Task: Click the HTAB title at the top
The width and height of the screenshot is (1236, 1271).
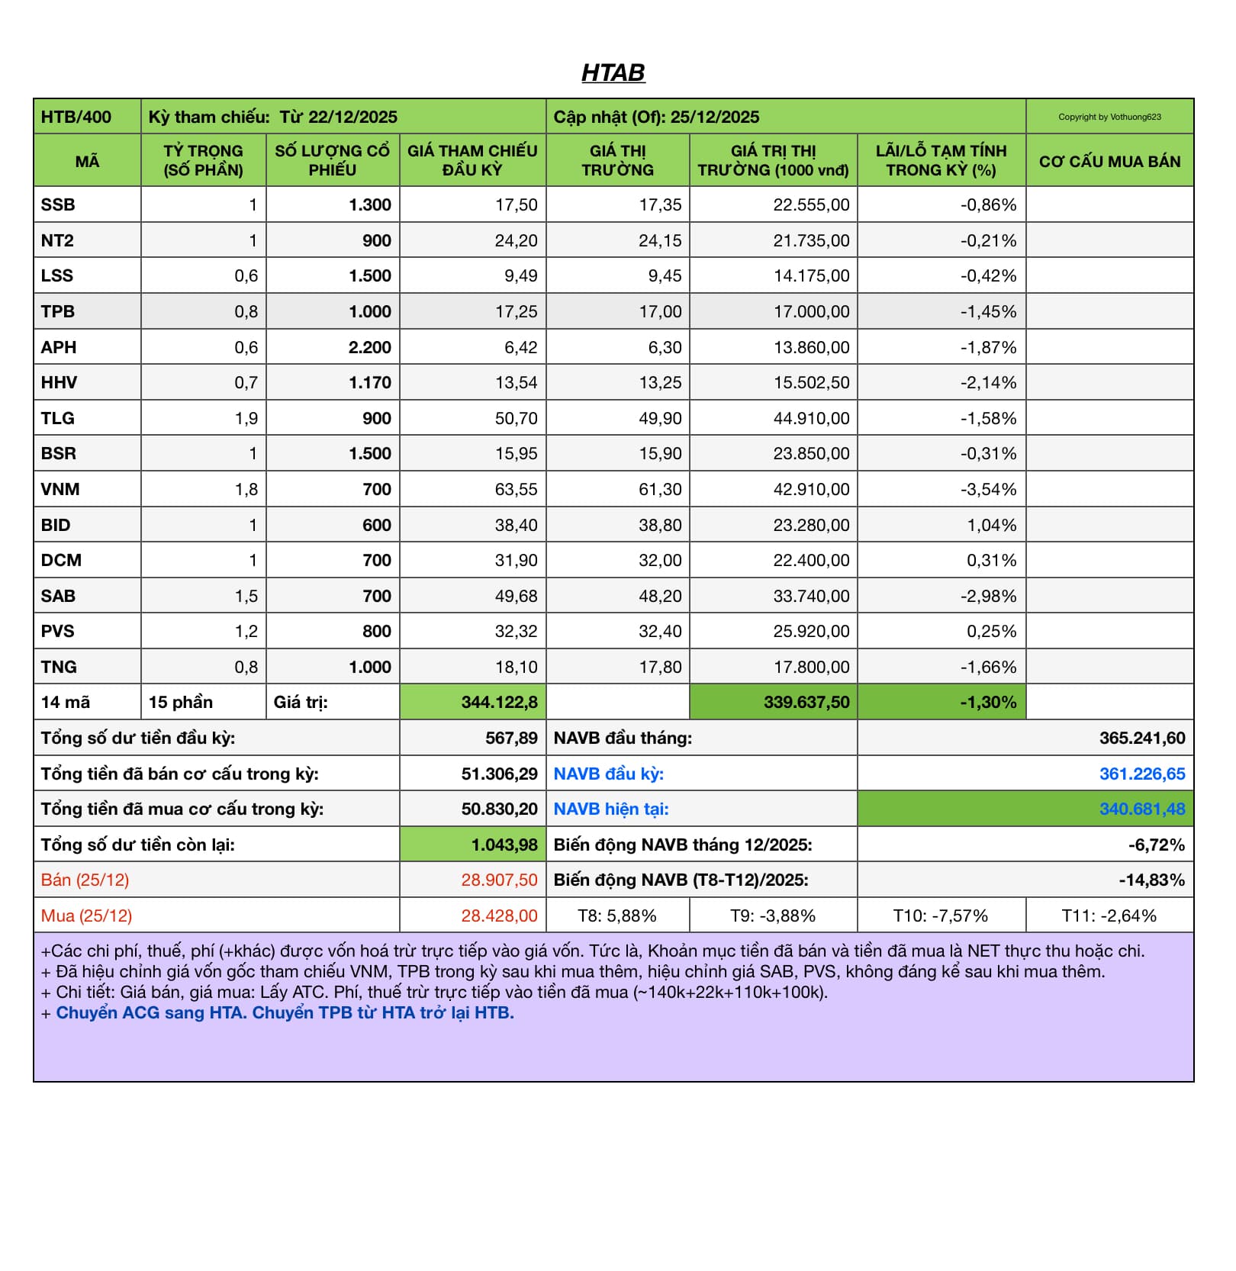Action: (613, 72)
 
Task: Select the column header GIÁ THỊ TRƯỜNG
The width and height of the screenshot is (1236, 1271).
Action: (617, 160)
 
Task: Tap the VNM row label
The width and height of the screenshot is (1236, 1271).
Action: (60, 489)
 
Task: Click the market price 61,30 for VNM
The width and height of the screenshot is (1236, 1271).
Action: (660, 489)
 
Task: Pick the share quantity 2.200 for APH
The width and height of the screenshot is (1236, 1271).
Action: (369, 347)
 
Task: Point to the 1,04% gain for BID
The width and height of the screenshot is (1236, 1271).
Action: (991, 525)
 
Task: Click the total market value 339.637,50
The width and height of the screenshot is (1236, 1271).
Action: (806, 702)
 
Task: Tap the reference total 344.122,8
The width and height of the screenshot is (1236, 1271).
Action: (499, 702)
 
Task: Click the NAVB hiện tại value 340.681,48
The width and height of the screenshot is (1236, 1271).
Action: (1141, 809)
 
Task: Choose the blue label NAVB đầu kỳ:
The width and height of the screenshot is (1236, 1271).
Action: (608, 774)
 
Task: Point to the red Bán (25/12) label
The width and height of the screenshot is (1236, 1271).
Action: (85, 880)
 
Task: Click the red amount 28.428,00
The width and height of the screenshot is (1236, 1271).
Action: (499, 915)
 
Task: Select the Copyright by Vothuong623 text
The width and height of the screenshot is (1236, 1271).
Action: (1109, 117)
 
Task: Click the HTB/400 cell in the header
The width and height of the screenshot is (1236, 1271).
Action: (76, 117)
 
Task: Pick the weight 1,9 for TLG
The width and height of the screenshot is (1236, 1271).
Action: (246, 418)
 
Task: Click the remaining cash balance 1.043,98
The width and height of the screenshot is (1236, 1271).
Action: (504, 845)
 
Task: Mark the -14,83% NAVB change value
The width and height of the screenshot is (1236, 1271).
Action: (1151, 880)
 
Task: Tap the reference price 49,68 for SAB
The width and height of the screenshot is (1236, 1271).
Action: (516, 596)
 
